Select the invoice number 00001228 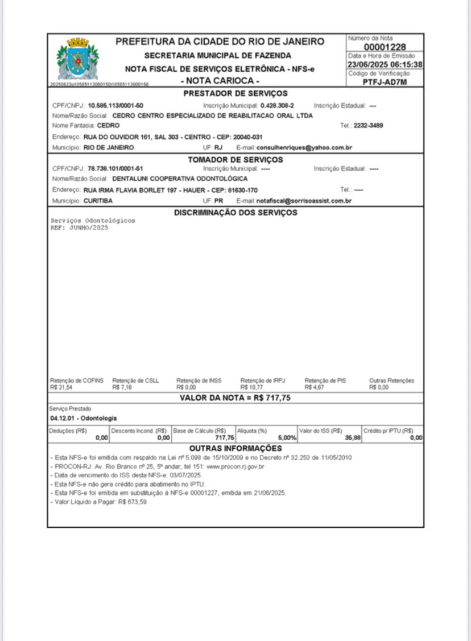[385, 47]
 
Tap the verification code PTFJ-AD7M [385, 81]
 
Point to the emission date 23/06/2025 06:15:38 [385, 65]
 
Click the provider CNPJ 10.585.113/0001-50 [115, 106]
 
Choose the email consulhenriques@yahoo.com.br [304, 147]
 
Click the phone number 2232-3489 [368, 126]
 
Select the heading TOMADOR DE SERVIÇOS [235, 159]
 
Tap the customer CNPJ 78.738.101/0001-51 [115, 169]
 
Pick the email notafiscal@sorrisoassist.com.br [304, 201]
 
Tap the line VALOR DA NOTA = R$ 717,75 [235, 398]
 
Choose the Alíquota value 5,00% [287, 438]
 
